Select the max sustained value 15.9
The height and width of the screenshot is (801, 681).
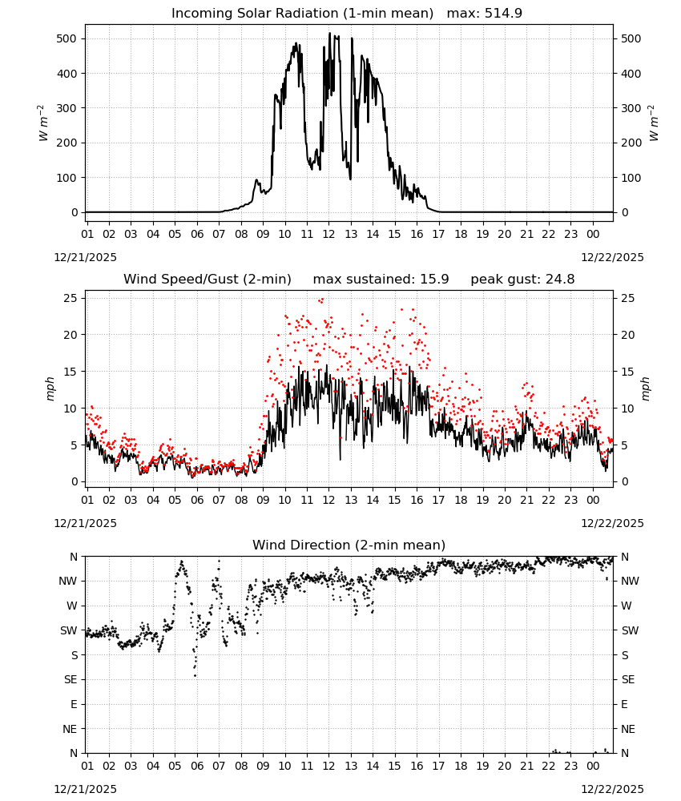click(434, 280)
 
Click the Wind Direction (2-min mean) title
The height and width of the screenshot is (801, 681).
click(349, 545)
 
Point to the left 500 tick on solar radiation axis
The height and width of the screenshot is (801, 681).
click(67, 38)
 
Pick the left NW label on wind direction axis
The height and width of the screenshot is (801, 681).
click(68, 582)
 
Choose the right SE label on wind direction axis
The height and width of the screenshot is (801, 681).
click(628, 680)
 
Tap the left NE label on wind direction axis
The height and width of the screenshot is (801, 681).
click(70, 730)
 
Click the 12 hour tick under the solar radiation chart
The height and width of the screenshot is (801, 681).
click(328, 235)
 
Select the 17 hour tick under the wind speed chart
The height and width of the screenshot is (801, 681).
click(438, 500)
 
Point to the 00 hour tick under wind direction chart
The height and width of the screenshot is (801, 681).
click(593, 767)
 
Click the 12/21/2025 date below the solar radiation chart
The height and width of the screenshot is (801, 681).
click(85, 257)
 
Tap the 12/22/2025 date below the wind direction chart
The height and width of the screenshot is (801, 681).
click(613, 789)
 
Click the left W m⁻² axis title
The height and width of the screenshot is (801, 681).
click(43, 123)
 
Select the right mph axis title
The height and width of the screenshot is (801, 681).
click(645, 388)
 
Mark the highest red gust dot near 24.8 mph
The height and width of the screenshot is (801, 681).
click(322, 300)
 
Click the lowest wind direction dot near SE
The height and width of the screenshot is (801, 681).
click(195, 676)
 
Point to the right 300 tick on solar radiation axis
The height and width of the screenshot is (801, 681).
click(631, 108)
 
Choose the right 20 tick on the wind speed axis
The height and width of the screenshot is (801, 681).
click(628, 335)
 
